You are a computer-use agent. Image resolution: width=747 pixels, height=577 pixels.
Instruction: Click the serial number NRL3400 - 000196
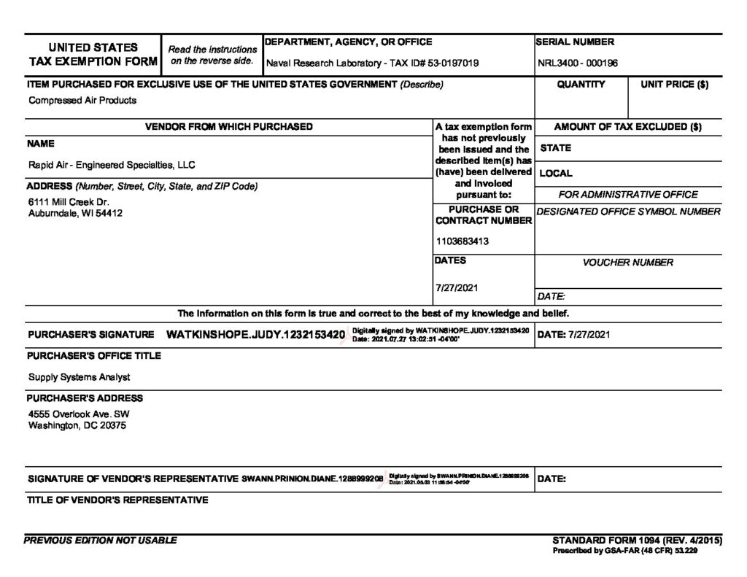578,63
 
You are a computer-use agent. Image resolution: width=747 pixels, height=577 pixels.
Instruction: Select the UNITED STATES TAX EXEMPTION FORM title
93,55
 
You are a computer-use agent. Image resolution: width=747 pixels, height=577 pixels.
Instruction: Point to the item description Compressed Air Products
82,101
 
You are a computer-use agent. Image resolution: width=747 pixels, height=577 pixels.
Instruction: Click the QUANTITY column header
581,85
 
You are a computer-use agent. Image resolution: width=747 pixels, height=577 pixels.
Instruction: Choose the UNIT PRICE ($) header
674,85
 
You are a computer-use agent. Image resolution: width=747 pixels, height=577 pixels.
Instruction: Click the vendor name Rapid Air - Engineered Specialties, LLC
112,165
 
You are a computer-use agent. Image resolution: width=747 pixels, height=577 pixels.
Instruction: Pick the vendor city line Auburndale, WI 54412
75,214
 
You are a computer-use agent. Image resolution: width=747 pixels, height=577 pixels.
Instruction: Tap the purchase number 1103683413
462,241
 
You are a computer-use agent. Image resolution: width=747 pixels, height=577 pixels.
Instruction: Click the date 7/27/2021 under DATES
456,287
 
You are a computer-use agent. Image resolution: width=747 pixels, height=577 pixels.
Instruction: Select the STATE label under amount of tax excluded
556,148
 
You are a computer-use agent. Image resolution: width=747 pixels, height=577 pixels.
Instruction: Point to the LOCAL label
556,174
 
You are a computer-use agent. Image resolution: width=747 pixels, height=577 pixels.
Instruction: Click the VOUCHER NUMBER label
627,263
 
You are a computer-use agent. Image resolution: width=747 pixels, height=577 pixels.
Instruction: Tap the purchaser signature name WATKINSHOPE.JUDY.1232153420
255,335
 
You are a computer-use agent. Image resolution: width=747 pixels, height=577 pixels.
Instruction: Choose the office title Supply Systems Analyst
80,377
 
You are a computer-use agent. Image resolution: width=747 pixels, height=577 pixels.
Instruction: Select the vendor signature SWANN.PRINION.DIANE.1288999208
312,479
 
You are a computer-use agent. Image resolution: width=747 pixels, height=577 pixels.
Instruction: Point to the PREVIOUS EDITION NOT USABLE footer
101,541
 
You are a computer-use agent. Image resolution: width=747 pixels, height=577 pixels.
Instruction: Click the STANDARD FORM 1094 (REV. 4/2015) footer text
637,541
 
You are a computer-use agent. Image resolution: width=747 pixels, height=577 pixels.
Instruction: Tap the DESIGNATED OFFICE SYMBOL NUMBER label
628,212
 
